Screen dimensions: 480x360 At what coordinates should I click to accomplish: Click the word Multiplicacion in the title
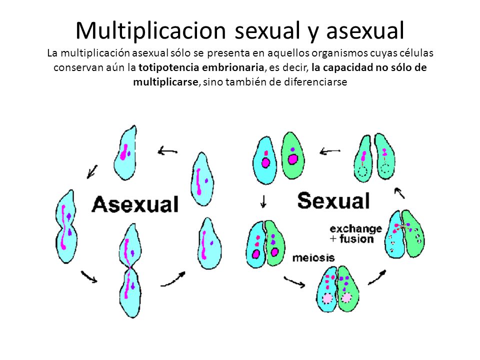pos(150,30)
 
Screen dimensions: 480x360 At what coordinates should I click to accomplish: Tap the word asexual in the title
pos(365,30)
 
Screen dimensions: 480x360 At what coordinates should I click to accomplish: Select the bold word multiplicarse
pos(165,82)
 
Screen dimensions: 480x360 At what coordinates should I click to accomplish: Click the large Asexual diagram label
pos(135,204)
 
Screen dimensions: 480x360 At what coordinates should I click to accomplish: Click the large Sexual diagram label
pos(333,201)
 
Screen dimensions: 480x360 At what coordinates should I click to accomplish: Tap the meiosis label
pos(313,258)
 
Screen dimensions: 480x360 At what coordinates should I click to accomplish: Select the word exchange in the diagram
pos(356,229)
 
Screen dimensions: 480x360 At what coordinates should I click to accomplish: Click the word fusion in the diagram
pos(356,239)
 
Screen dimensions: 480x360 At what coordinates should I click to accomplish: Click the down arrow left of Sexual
pos(263,201)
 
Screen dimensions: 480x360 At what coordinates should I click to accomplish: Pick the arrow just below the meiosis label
pos(294,282)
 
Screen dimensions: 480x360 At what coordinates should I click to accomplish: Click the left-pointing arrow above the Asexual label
pos(168,151)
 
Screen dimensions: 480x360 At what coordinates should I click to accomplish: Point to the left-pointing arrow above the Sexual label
pos(330,151)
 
